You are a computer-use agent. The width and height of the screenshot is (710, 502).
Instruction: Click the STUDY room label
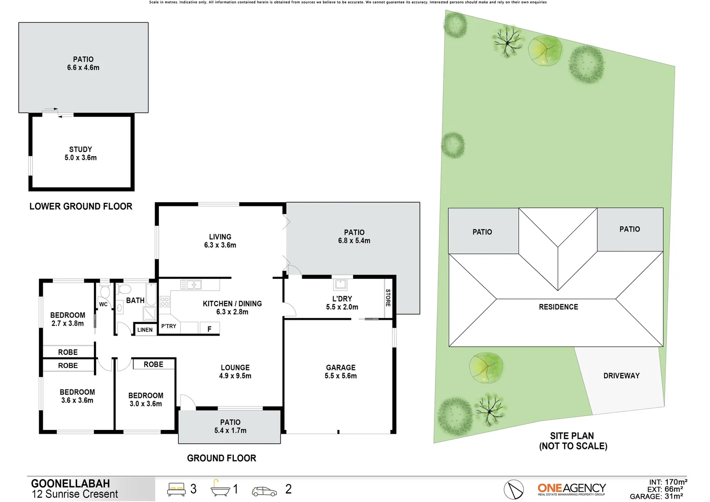tap(80, 149)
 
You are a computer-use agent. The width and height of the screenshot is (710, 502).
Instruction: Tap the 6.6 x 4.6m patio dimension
tap(83, 68)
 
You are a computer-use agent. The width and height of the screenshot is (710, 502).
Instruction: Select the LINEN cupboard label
tap(145, 330)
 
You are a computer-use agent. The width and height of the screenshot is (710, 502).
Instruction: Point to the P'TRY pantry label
tap(169, 326)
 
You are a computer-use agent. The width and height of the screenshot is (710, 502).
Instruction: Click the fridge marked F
tap(209, 329)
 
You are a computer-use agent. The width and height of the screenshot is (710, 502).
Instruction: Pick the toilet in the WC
tap(105, 292)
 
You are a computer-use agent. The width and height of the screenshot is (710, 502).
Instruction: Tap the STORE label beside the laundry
tap(388, 297)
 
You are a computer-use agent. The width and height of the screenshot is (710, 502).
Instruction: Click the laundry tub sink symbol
tap(340, 284)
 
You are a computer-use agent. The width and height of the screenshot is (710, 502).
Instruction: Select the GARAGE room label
tap(341, 368)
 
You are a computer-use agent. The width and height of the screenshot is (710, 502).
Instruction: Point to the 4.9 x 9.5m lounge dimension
tap(235, 376)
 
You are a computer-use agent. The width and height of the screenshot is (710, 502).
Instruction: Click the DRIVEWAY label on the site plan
tap(621, 376)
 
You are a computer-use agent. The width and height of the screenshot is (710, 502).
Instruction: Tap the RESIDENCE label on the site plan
tap(559, 307)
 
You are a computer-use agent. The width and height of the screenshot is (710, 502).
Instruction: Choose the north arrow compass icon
tap(513, 489)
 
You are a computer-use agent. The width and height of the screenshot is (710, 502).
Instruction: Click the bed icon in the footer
tap(176, 489)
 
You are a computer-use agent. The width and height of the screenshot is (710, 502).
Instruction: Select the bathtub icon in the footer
tap(220, 489)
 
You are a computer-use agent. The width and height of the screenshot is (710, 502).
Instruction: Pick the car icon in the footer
tap(264, 491)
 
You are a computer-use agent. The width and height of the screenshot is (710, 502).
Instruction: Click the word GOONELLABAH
tap(71, 483)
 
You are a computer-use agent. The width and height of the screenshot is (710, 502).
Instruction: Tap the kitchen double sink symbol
tap(191, 284)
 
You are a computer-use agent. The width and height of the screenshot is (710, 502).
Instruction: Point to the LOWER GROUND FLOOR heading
tap(81, 206)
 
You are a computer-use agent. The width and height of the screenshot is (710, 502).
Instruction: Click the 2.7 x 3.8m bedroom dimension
tap(68, 324)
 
